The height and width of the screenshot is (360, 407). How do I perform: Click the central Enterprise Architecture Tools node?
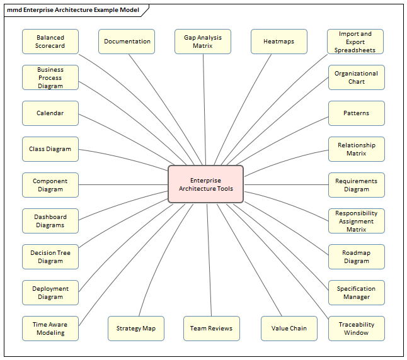click(205, 184)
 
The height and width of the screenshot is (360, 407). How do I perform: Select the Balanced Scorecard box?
click(50, 42)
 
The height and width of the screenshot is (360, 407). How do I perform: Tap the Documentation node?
click(127, 42)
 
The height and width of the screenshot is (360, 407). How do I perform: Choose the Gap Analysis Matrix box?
click(203, 42)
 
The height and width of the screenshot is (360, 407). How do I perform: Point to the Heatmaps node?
click(279, 42)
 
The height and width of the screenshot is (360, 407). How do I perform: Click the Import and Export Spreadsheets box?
click(355, 42)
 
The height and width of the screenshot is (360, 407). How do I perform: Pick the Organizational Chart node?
click(356, 77)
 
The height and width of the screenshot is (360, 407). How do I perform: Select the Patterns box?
click(356, 113)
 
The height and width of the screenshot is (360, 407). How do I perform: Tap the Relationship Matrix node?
click(356, 149)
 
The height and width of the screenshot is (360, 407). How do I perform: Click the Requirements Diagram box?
click(356, 185)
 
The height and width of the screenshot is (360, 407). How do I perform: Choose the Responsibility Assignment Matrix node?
click(356, 221)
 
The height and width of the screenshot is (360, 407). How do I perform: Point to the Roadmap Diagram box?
click(356, 257)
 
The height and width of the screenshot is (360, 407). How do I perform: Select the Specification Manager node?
click(356, 293)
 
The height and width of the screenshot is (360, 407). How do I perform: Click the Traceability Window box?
click(356, 329)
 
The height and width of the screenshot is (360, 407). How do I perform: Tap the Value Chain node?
click(289, 329)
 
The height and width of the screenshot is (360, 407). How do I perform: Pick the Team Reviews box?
click(212, 329)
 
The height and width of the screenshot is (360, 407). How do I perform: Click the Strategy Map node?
click(135, 329)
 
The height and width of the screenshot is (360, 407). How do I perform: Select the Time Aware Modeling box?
click(50, 329)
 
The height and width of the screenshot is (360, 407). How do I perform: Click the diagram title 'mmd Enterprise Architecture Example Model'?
click(73, 10)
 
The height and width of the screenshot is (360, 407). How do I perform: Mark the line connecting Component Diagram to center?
click(123, 185)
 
